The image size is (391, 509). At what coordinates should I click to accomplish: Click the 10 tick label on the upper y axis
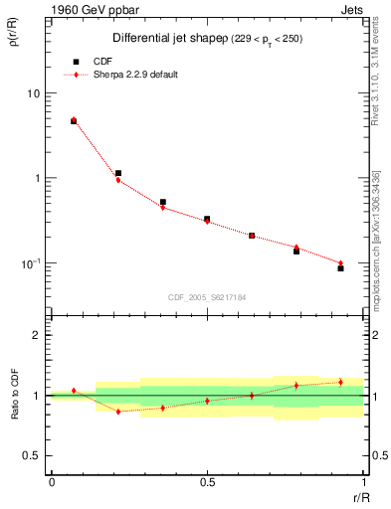point(34,93)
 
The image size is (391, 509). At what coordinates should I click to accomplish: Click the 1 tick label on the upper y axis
point(37,179)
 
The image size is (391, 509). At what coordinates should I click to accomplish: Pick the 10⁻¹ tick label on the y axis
point(32,263)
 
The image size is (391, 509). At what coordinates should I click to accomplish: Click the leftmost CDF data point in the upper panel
point(74,121)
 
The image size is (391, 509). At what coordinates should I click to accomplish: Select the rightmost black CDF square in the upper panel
point(340,268)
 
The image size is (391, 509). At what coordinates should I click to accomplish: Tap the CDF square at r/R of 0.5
point(207,219)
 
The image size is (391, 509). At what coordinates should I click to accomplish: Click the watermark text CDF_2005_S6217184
point(206,296)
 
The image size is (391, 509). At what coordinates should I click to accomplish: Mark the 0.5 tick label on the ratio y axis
point(33,455)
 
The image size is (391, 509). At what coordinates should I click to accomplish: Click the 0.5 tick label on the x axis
point(207,482)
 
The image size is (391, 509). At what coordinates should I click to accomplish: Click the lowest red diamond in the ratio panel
point(118,412)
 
